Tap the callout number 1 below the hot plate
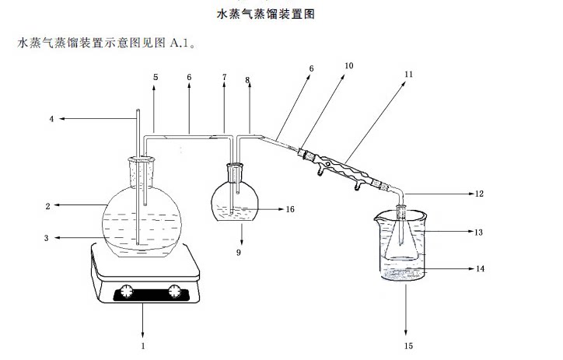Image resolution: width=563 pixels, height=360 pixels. coord(143,343)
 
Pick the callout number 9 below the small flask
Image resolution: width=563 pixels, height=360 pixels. coord(240,252)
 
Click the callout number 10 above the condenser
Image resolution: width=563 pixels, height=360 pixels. coord(349,66)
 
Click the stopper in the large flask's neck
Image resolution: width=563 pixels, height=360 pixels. coord(141,166)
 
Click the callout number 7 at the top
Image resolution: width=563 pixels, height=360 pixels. coord(225,77)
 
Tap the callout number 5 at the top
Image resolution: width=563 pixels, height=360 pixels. coord(155,77)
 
